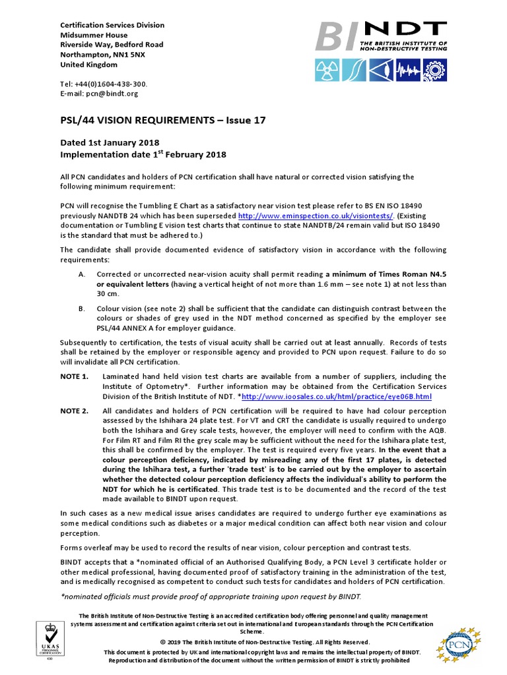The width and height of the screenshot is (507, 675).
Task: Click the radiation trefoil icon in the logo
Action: pyautogui.click(x=327, y=68)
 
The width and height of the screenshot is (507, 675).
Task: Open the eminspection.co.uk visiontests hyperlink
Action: pyautogui.click(x=316, y=216)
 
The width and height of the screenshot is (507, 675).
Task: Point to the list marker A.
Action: pyautogui.click(x=81, y=274)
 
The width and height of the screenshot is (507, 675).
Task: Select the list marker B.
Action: pyautogui.click(x=81, y=308)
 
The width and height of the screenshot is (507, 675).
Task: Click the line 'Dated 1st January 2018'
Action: pyautogui.click(x=110, y=142)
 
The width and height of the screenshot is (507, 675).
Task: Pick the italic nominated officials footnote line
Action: pyautogui.click(x=211, y=597)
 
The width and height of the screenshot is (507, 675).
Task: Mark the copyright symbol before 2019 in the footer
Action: pyautogui.click(x=162, y=642)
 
